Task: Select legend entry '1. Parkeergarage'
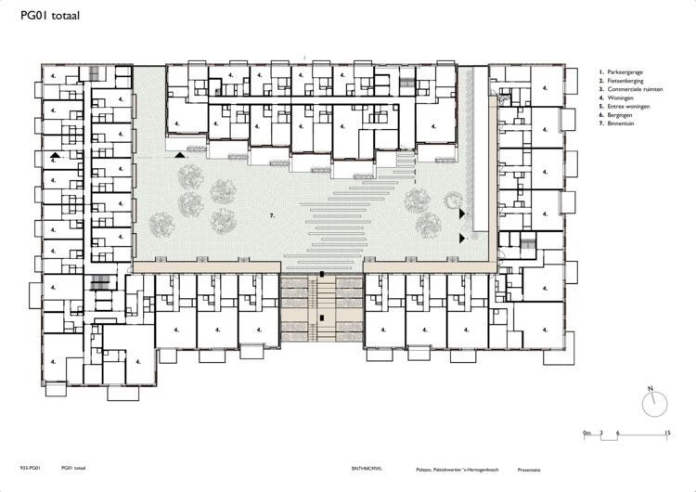(623, 71)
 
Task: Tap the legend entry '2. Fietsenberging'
(623, 80)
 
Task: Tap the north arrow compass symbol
(653, 403)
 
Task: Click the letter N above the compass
(651, 387)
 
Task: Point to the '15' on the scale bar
(667, 433)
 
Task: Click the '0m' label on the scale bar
(586, 433)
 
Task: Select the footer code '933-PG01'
(29, 470)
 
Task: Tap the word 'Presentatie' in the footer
(532, 470)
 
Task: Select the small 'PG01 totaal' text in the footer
(74, 470)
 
